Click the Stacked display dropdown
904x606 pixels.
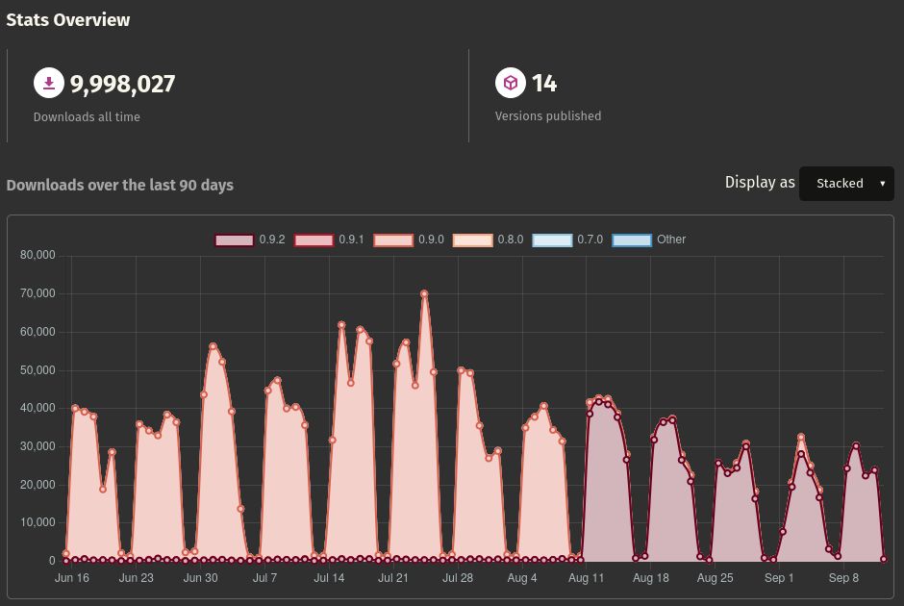(846, 183)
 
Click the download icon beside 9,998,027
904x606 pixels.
(48, 84)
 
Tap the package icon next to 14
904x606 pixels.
(511, 84)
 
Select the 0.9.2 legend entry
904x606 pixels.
(250, 240)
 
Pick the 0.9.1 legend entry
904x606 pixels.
(330, 240)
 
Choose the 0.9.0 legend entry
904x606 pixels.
(409, 240)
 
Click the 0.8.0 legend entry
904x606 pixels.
(489, 240)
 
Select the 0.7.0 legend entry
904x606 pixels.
(568, 240)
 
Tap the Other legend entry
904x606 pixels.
(649, 240)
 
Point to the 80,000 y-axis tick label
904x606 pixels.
(38, 256)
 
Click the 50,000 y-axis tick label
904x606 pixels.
(38, 370)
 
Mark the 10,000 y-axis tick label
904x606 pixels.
(38, 522)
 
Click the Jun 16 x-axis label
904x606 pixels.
(72, 578)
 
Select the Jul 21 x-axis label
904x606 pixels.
(393, 578)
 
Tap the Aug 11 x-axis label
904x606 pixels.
(587, 578)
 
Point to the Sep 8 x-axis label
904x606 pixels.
(843, 578)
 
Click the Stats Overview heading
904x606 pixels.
(68, 20)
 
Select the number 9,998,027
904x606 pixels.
(122, 85)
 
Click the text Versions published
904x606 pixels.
(548, 116)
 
